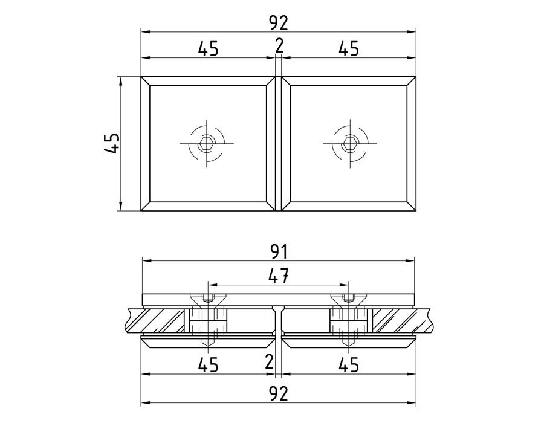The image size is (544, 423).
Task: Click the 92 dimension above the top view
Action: point(278,23)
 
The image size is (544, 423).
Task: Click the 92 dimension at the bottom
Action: point(278,394)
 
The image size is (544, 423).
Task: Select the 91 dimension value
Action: point(278,252)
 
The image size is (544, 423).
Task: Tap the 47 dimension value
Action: point(279,276)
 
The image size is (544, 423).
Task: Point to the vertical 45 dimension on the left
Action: point(112,143)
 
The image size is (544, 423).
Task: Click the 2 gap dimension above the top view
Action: point(278,46)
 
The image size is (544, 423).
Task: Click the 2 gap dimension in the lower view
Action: point(269,363)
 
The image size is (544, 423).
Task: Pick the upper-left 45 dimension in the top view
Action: point(208,49)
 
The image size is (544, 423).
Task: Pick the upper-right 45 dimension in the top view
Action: point(349,49)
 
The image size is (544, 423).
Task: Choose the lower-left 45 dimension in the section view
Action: point(208,365)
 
